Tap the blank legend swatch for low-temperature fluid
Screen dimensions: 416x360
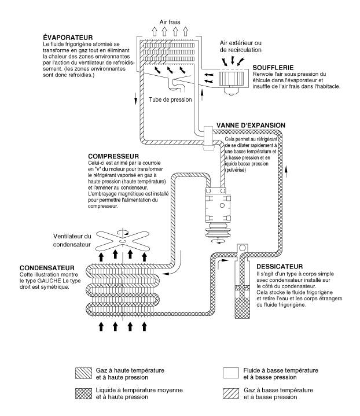tap(231, 371)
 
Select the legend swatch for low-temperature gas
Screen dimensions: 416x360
tap(231, 394)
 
